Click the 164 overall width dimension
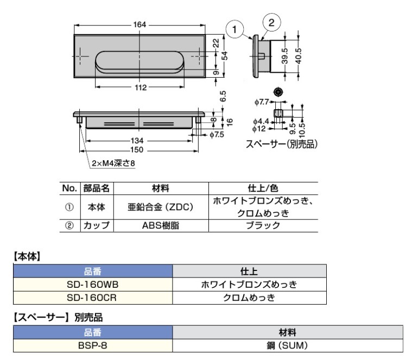click(x=140, y=24)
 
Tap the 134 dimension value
click(x=138, y=141)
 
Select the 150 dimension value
click(x=138, y=149)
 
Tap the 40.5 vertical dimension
click(x=298, y=55)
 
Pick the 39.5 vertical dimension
click(x=284, y=55)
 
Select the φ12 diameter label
click(x=259, y=129)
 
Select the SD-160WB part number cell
click(x=92, y=284)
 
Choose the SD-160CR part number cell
click(x=92, y=297)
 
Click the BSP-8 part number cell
click(x=92, y=345)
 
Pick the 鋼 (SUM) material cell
click(x=288, y=345)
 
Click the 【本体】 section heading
click(x=27, y=254)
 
